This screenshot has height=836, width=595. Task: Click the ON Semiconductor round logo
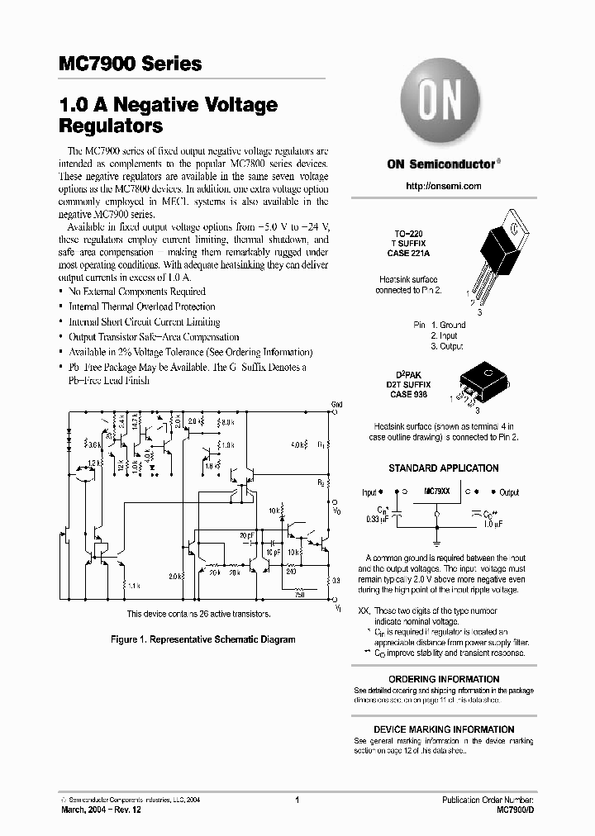click(x=443, y=102)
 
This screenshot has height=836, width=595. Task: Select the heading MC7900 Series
click(x=131, y=64)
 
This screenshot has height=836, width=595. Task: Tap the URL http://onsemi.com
click(x=444, y=186)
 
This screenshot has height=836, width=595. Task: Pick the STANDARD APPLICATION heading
click(x=443, y=468)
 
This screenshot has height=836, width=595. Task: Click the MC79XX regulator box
click(x=436, y=492)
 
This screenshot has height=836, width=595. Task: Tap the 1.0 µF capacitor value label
click(x=494, y=523)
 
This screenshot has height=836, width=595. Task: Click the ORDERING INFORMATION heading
click(x=443, y=680)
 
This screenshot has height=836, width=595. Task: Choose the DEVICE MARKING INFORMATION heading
click(x=443, y=729)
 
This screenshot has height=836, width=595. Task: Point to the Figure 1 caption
click(x=203, y=639)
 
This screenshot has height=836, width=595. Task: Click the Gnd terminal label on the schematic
click(x=336, y=404)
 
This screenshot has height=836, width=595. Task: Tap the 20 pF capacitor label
click(x=246, y=534)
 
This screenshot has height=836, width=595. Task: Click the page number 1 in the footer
click(x=296, y=800)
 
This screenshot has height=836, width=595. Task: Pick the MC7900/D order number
click(x=515, y=810)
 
